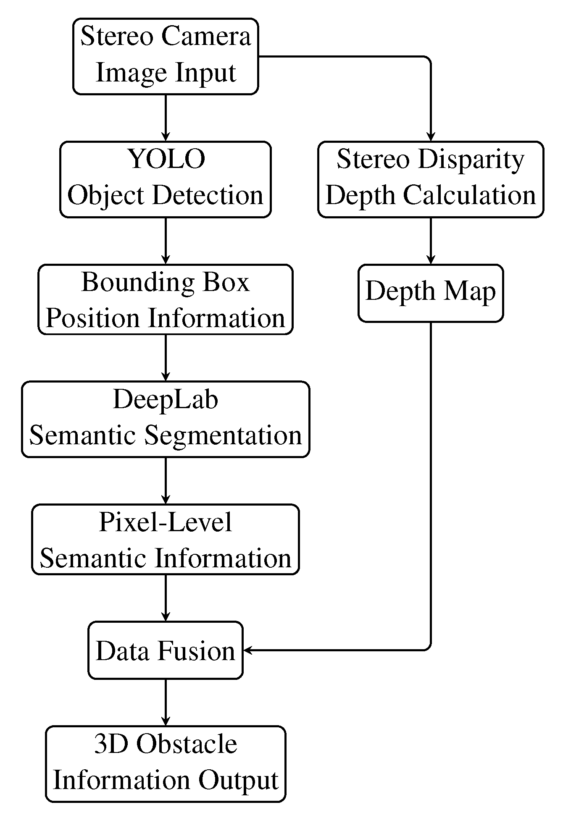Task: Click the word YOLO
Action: (166, 159)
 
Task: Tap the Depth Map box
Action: (431, 293)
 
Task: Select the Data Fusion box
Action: (165, 650)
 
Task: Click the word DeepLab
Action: (166, 399)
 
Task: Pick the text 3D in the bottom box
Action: (108, 745)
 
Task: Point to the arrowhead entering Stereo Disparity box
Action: (431, 137)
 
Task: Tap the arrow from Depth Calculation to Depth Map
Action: (431, 240)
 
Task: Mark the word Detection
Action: (208, 195)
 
